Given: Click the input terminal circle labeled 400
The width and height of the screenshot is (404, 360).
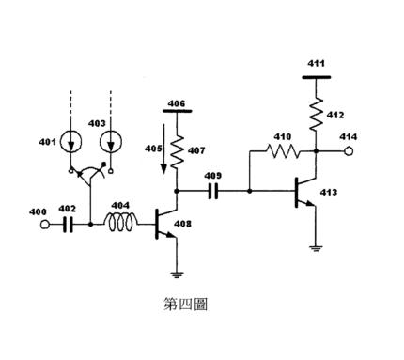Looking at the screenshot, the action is pyautogui.click(x=45, y=225).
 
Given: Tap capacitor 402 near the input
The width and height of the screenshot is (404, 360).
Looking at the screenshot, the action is pyautogui.click(x=68, y=225).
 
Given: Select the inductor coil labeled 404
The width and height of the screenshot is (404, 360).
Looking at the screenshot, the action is pyautogui.click(x=120, y=222).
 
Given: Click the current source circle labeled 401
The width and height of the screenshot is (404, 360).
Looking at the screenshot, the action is pyautogui.click(x=71, y=142).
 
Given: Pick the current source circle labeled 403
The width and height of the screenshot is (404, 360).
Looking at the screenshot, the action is pyautogui.click(x=111, y=142).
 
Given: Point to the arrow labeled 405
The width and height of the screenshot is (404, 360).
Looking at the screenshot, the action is pyautogui.click(x=163, y=149).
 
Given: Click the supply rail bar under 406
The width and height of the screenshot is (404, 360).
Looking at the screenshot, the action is pyautogui.click(x=178, y=111).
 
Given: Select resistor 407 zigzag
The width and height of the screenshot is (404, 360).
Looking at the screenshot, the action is pyautogui.click(x=178, y=150).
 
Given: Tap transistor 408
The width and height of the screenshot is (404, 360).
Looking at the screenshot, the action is pyautogui.click(x=166, y=225).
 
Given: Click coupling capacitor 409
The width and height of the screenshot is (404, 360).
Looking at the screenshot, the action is pyautogui.click(x=213, y=191).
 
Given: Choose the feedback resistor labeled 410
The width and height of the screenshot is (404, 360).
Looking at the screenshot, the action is pyautogui.click(x=283, y=151).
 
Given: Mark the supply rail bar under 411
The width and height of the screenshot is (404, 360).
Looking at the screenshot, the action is pyautogui.click(x=317, y=77).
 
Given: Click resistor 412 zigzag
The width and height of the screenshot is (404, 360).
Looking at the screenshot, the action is pyautogui.click(x=317, y=114).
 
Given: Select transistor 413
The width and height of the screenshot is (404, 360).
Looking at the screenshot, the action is pyautogui.click(x=305, y=192).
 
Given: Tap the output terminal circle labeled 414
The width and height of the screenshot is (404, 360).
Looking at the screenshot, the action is pyautogui.click(x=349, y=151).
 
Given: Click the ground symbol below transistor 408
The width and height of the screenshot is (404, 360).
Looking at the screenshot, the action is pyautogui.click(x=177, y=274).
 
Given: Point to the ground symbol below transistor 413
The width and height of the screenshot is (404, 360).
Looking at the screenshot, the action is pyautogui.click(x=317, y=249).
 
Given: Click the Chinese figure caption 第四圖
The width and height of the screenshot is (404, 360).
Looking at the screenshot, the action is pyautogui.click(x=185, y=304).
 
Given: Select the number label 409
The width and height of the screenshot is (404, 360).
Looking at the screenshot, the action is pyautogui.click(x=213, y=176).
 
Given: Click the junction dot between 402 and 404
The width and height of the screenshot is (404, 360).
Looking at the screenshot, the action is pyautogui.click(x=90, y=225).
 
